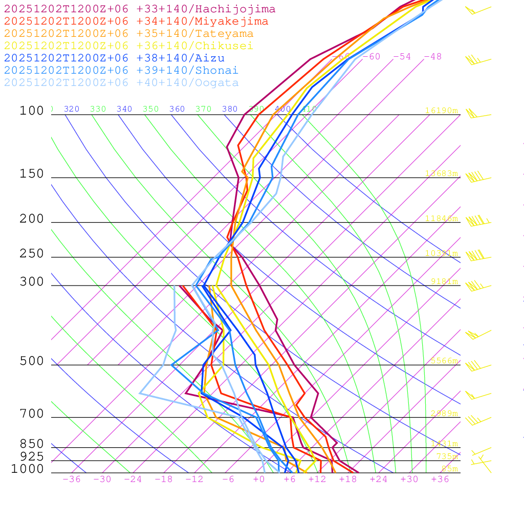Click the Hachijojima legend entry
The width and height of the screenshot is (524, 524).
click(x=139, y=9)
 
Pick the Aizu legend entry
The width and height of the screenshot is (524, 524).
click(x=114, y=58)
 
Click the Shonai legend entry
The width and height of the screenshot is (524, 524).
click(x=121, y=70)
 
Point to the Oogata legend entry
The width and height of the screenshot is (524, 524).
click(x=121, y=82)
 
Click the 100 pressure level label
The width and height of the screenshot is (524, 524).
click(x=32, y=111)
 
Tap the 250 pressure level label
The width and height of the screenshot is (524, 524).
click(x=32, y=254)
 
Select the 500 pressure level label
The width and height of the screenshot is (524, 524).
click(x=32, y=361)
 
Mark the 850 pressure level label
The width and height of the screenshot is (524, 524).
click(x=32, y=444)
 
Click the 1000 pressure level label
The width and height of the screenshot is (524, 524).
click(x=28, y=469)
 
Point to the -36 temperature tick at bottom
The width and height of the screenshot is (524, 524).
click(x=71, y=479)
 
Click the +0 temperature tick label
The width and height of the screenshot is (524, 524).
click(x=259, y=479)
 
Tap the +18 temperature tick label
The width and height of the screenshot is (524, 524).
click(x=347, y=479)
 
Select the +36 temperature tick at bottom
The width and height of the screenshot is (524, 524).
click(x=440, y=479)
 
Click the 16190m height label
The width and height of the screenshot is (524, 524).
click(x=442, y=111)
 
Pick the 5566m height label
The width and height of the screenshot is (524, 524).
click(x=444, y=361)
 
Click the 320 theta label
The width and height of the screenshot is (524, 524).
click(x=72, y=109)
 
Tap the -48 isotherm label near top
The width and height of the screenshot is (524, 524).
click(x=432, y=56)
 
